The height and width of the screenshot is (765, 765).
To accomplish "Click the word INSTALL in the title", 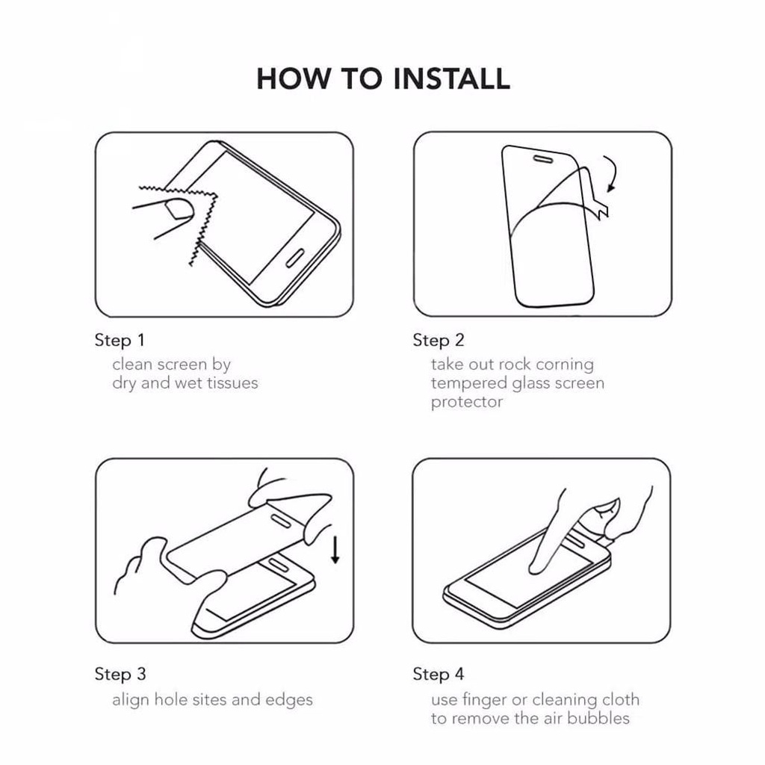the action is point(451,78).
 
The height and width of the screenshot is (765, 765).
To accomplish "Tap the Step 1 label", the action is point(120,341).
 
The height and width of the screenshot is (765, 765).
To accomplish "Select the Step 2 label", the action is point(438,341).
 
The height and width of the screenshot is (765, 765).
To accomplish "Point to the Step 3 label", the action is point(120,675).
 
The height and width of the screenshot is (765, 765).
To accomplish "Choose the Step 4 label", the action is point(438,675).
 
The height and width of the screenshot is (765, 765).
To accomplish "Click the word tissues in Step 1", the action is point(232,383).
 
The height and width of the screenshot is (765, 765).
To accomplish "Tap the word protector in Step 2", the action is point(466,403).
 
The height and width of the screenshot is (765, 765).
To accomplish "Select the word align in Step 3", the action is point(131,700).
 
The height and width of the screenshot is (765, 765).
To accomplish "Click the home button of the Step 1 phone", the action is point(294,258).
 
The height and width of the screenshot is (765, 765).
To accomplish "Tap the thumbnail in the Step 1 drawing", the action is point(179,208).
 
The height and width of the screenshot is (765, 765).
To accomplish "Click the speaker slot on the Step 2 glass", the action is point(542,159).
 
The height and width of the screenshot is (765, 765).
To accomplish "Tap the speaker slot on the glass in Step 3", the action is point(281,520).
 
